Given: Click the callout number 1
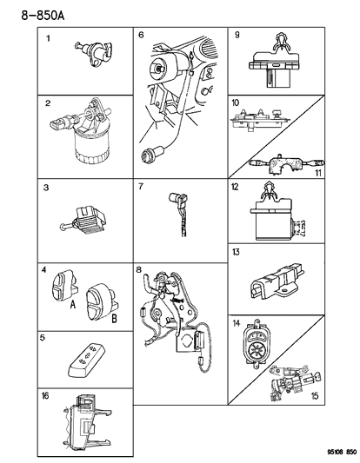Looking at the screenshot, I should coord(49,38).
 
